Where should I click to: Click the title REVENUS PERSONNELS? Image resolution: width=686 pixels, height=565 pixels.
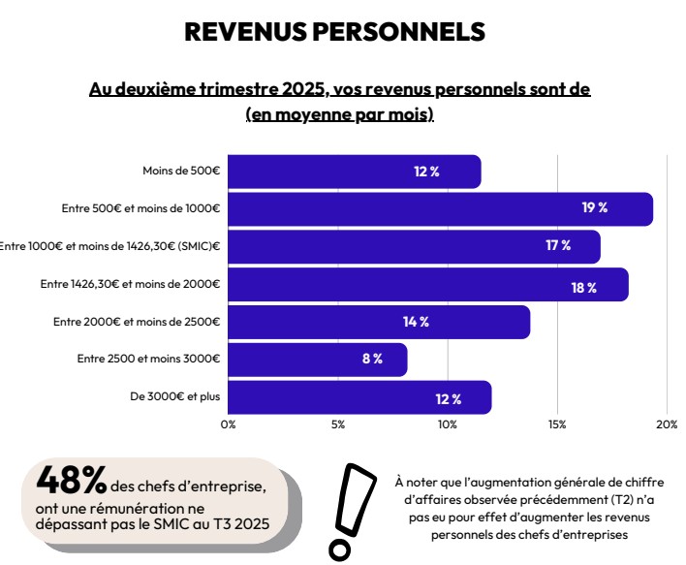point(334,32)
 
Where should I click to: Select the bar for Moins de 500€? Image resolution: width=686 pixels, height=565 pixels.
point(354,172)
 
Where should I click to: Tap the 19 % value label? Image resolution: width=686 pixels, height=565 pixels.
point(594,208)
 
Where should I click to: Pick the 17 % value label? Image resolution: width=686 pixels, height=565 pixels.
point(557,246)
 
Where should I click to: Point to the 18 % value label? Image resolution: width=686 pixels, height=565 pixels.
point(583,288)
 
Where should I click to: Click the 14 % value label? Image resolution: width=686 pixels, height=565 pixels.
point(416,322)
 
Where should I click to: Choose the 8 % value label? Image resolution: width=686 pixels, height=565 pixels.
point(372,359)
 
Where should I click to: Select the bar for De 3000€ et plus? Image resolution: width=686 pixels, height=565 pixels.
point(359,397)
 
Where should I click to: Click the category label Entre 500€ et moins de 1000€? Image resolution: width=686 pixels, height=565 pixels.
point(141,208)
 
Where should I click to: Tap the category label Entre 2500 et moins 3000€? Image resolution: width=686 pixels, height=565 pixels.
point(148,359)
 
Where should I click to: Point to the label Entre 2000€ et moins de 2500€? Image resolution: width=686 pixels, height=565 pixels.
point(137,322)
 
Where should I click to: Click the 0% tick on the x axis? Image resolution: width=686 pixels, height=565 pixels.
point(229,424)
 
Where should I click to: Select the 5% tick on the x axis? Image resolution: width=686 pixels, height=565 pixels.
point(338,424)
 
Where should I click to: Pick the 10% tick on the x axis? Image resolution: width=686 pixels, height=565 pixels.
point(448,424)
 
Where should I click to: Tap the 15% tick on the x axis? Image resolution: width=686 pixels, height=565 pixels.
point(557,424)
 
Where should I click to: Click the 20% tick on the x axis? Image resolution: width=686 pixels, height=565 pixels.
point(667,424)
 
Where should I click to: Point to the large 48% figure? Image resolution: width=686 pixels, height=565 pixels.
point(71,479)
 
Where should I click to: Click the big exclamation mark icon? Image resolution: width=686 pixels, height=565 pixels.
point(354,510)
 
